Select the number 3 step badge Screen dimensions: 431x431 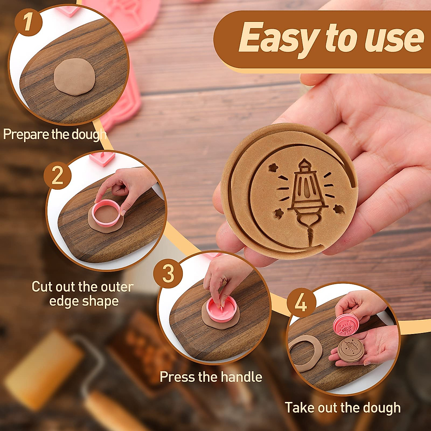(x=168, y=274)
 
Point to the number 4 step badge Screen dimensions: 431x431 (x=301, y=304)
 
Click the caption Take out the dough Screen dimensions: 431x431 (x=343, y=408)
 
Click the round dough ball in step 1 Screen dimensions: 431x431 (x=75, y=77)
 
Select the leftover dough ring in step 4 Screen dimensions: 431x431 (x=305, y=353)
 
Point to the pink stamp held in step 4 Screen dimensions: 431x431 (x=346, y=324)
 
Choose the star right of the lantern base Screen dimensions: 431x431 (x=338, y=208)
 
